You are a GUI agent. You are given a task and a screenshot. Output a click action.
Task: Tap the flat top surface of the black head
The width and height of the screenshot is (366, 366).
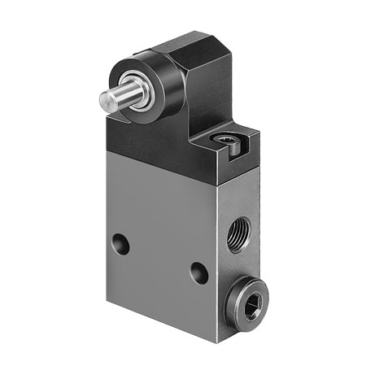[x=185, y=43]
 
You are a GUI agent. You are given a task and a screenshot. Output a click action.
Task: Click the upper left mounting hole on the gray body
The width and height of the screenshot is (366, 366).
[x=120, y=242]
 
